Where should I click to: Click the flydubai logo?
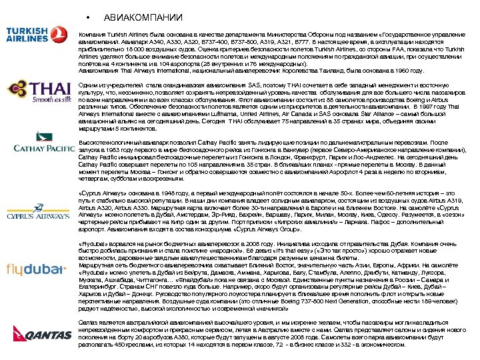click(x=35, y=269)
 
